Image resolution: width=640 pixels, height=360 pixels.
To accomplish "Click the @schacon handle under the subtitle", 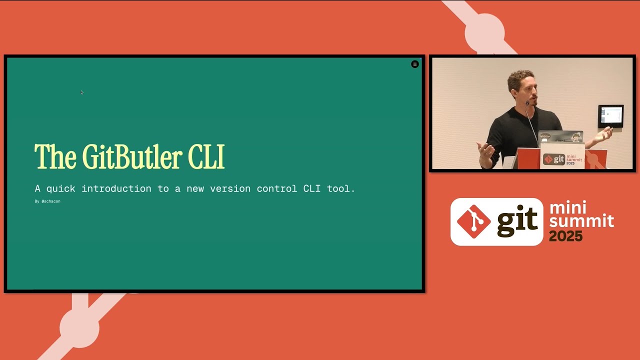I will point(50,201).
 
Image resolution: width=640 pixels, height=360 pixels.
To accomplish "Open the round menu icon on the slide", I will point(414,64).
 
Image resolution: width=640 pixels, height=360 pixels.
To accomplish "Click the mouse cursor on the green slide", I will point(81,92).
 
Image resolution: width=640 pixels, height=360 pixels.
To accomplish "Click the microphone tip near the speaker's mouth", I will point(527,103).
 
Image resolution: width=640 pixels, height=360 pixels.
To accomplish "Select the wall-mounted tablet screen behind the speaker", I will point(610,116).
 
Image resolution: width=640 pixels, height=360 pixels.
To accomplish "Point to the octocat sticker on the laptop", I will point(576,137).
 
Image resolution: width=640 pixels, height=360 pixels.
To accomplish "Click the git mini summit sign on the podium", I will point(562,158).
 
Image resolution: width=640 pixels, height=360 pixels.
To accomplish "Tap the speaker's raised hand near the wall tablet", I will point(605,133).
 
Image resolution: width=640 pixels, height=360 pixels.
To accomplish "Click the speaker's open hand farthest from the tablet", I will point(485,150).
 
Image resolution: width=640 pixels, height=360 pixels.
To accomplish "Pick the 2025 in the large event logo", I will point(565,236).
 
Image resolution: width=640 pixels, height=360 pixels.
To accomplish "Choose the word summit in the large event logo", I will point(581,220).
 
